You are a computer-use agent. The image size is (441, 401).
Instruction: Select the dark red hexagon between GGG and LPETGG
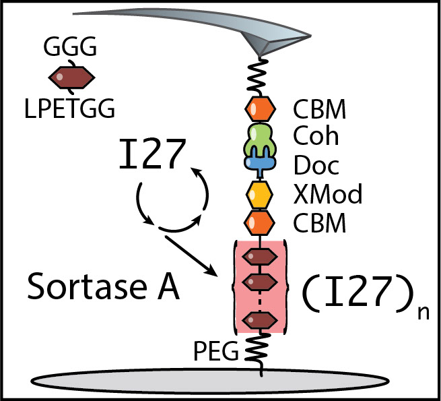pos(71,78)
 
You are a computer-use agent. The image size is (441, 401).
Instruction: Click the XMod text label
pos(327,194)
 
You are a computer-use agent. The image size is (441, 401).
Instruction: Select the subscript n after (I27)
pos(423,314)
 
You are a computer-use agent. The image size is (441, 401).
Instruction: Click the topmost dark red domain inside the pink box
pos(259,257)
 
